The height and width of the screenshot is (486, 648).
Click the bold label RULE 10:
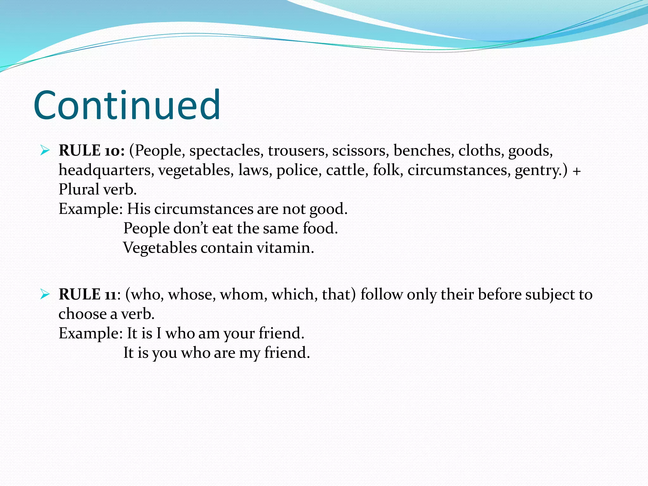pos(92,151)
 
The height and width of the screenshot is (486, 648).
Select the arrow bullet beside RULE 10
pos(45,151)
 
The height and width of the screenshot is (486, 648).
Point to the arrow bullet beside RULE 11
pos(45,295)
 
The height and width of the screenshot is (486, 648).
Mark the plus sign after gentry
pos(576,171)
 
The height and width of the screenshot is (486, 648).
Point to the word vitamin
pos(285,248)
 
